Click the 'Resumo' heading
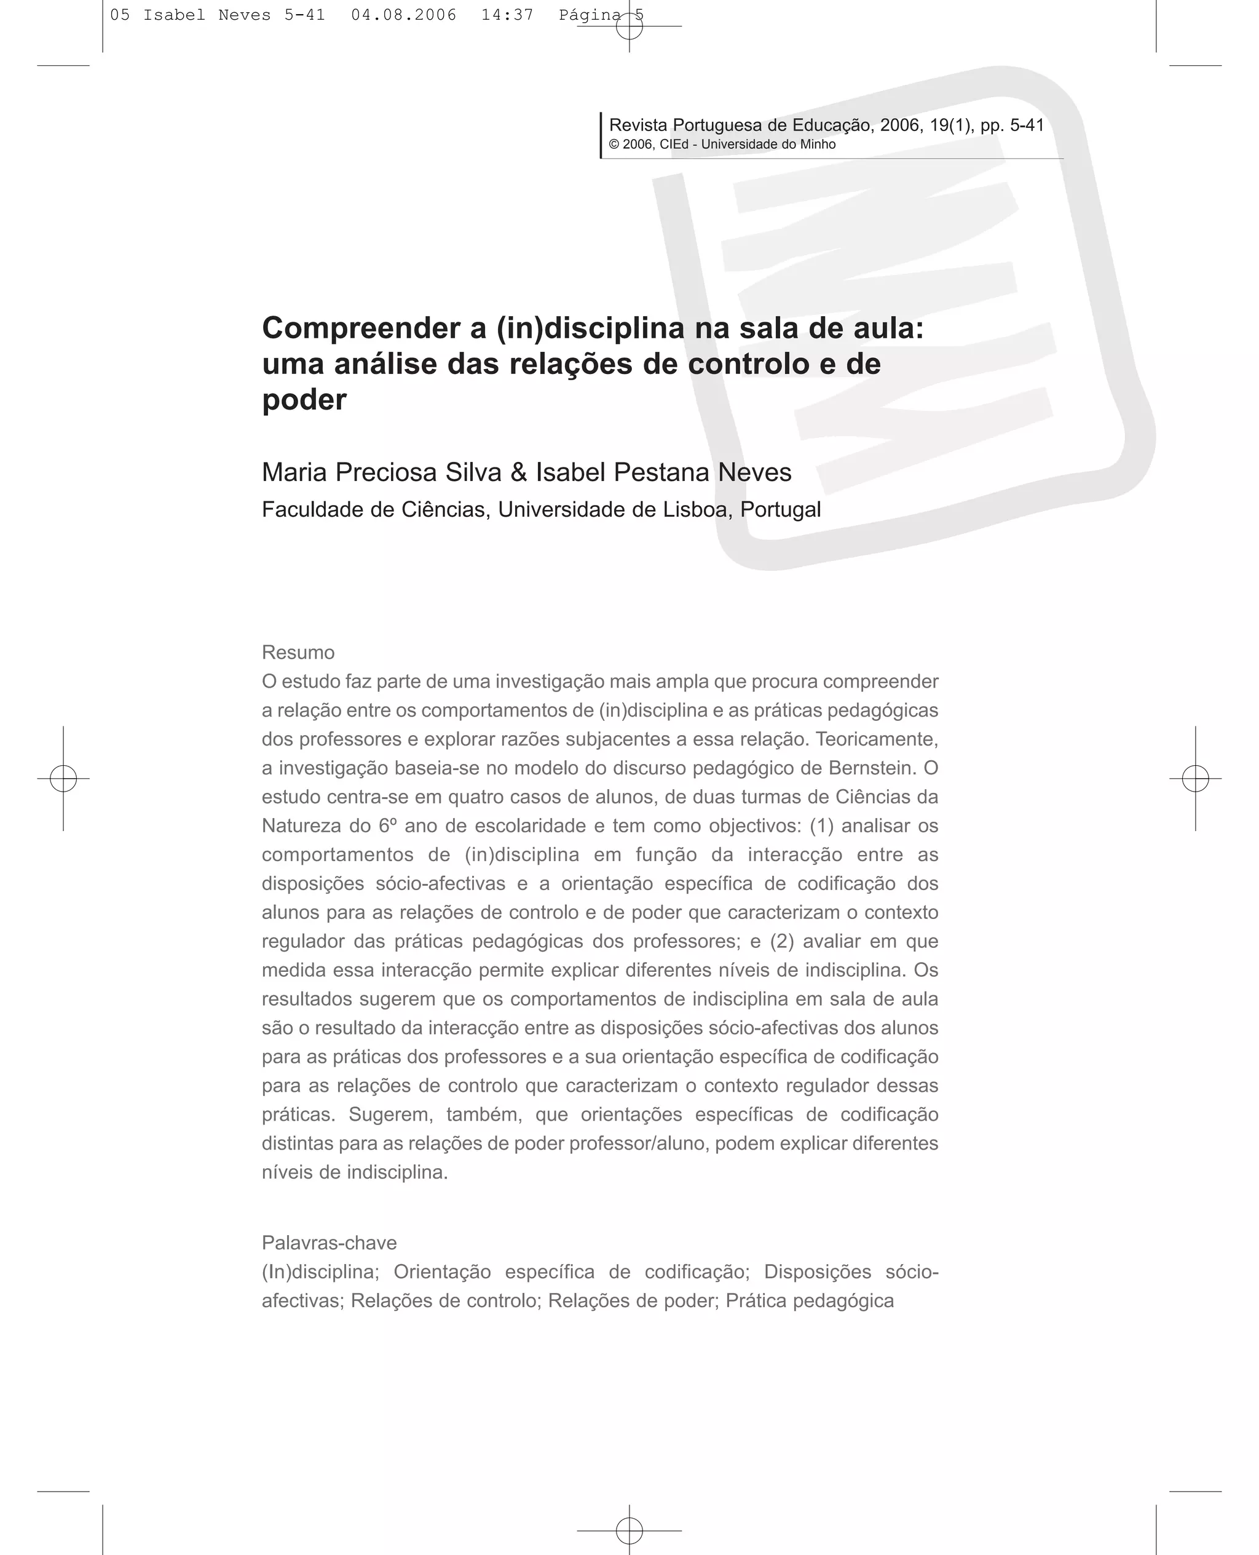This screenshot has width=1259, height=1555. (298, 653)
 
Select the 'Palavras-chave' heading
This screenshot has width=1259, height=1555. (330, 1243)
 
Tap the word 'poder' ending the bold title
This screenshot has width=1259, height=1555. (304, 400)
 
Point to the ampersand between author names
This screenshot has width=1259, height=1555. (518, 472)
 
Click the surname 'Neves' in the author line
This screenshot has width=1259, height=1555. (754, 472)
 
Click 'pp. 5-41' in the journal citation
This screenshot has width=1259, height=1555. (1012, 125)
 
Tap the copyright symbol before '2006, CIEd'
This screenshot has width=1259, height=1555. (614, 145)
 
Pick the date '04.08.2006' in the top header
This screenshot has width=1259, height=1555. (404, 15)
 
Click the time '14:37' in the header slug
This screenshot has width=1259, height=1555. (507, 15)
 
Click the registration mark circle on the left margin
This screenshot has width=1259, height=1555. (64, 778)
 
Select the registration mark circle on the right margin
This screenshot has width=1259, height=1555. (1195, 778)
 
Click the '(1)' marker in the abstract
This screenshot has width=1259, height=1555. (822, 825)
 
